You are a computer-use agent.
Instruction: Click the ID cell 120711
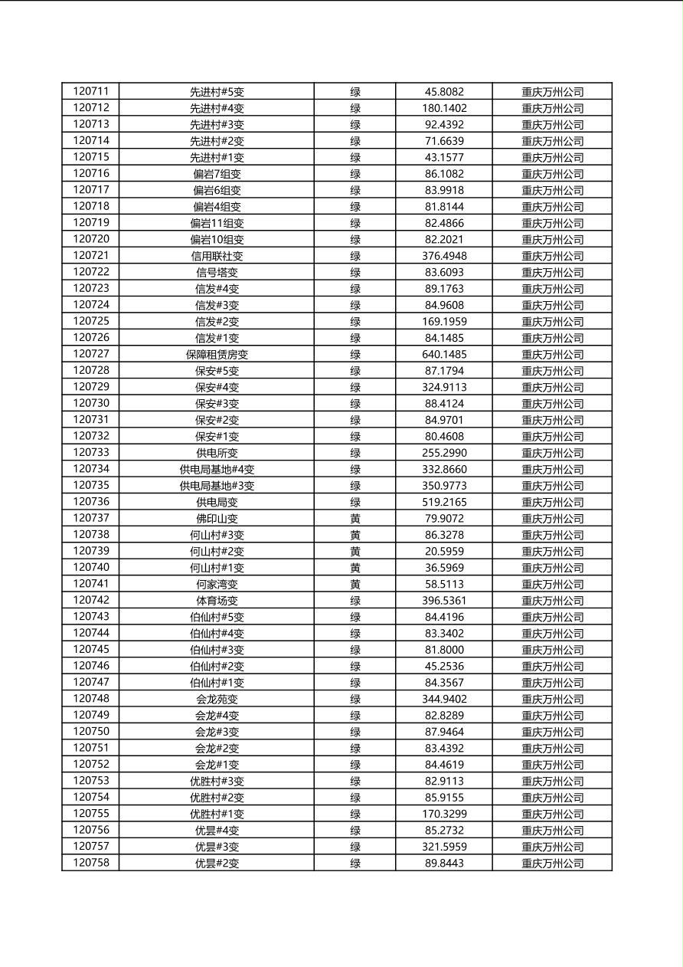(x=91, y=91)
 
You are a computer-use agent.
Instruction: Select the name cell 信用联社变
(x=217, y=256)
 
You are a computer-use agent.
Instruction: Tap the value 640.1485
(x=444, y=354)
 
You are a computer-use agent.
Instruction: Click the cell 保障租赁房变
(x=217, y=355)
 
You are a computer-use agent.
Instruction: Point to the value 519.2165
(x=444, y=502)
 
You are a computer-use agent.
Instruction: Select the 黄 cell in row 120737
(x=355, y=519)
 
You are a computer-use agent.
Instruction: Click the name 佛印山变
(x=217, y=519)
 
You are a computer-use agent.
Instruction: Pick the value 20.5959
(x=444, y=551)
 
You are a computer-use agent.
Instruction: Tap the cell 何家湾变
(x=217, y=585)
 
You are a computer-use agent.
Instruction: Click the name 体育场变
(x=217, y=601)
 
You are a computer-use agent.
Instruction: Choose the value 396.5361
(x=444, y=601)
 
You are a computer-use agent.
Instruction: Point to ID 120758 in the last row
(x=91, y=863)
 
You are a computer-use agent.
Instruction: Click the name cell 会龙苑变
(x=217, y=700)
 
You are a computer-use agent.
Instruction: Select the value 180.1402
(x=444, y=108)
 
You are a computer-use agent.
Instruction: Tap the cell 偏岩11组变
(x=217, y=223)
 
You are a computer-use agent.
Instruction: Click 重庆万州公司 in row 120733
(x=552, y=453)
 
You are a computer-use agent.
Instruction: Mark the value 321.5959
(x=444, y=847)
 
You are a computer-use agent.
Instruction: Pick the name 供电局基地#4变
(x=217, y=470)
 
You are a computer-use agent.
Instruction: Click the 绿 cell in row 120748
(x=355, y=700)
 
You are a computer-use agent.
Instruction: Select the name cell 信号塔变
(x=217, y=273)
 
